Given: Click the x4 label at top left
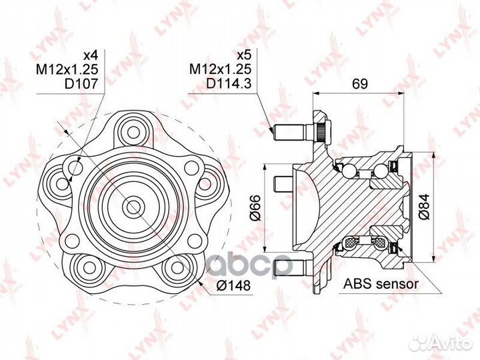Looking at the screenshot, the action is [x=90, y=55].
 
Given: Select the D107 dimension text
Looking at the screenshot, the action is [x=81, y=83].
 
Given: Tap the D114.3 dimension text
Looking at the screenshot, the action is [x=229, y=83].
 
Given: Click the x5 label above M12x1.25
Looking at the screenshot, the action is [x=244, y=55].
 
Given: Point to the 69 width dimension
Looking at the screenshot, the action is [x=359, y=83].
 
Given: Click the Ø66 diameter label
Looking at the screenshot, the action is [x=255, y=207].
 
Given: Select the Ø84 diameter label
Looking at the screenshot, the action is [x=424, y=207].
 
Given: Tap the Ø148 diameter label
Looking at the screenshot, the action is [x=233, y=285].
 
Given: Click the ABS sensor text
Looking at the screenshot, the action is [x=381, y=284].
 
